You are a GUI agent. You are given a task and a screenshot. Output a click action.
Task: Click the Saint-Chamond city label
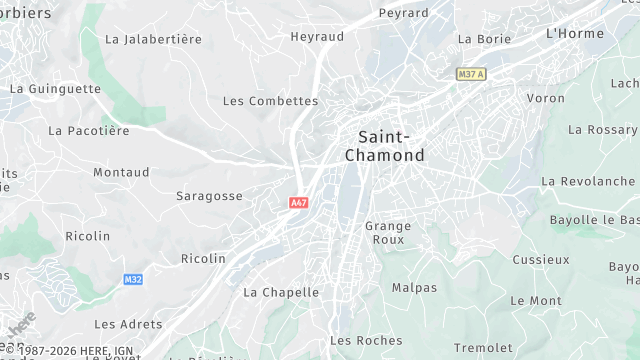coord(384,146)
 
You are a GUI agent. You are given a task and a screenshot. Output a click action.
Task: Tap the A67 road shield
coord(298,203)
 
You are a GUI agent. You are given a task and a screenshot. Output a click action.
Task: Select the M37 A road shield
coord(470,74)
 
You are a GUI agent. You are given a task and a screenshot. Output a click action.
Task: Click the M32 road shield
coord(134,280)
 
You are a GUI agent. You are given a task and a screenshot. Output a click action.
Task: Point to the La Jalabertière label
coord(153,39)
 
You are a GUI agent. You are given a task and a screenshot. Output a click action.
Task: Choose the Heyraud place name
coord(317,36)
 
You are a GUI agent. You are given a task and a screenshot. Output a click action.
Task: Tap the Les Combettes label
coord(270,101)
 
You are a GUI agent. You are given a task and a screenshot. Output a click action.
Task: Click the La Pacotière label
coord(89,131)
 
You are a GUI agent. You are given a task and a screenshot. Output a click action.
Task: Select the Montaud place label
coord(121,172)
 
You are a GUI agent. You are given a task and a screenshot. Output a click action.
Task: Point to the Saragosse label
coord(209,196)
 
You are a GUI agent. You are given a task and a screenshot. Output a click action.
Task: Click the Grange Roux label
coord(388,233)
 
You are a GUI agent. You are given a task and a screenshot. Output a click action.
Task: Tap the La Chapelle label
coord(281,292)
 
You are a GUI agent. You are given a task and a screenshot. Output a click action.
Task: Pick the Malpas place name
coord(414,287)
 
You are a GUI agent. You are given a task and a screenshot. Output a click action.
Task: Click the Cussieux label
coord(541,259)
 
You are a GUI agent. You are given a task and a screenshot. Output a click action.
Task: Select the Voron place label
coord(546,98)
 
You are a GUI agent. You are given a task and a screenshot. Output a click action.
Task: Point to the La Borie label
coord(484,39)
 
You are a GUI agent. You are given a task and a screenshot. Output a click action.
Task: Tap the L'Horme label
coord(575,33)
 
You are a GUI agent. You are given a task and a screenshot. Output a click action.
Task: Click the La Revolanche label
coord(588,181)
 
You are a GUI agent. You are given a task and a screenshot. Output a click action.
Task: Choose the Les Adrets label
coord(128,324)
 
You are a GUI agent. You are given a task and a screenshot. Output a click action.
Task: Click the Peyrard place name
coord(404,13)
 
